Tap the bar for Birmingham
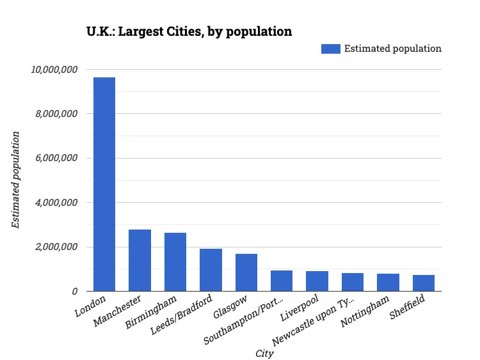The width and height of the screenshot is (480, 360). (x=175, y=262)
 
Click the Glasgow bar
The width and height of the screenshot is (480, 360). (x=246, y=272)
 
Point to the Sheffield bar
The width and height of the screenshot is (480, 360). (x=424, y=283)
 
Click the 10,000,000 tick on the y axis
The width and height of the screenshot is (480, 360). (x=54, y=69)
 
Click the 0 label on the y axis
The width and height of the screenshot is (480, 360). (x=75, y=292)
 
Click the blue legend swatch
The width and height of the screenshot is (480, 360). (x=330, y=49)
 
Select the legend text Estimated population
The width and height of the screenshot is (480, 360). (x=392, y=49)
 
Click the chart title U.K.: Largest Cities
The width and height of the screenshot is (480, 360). (x=189, y=31)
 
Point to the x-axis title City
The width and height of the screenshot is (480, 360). (x=264, y=353)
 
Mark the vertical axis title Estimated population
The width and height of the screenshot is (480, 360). (x=16, y=180)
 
